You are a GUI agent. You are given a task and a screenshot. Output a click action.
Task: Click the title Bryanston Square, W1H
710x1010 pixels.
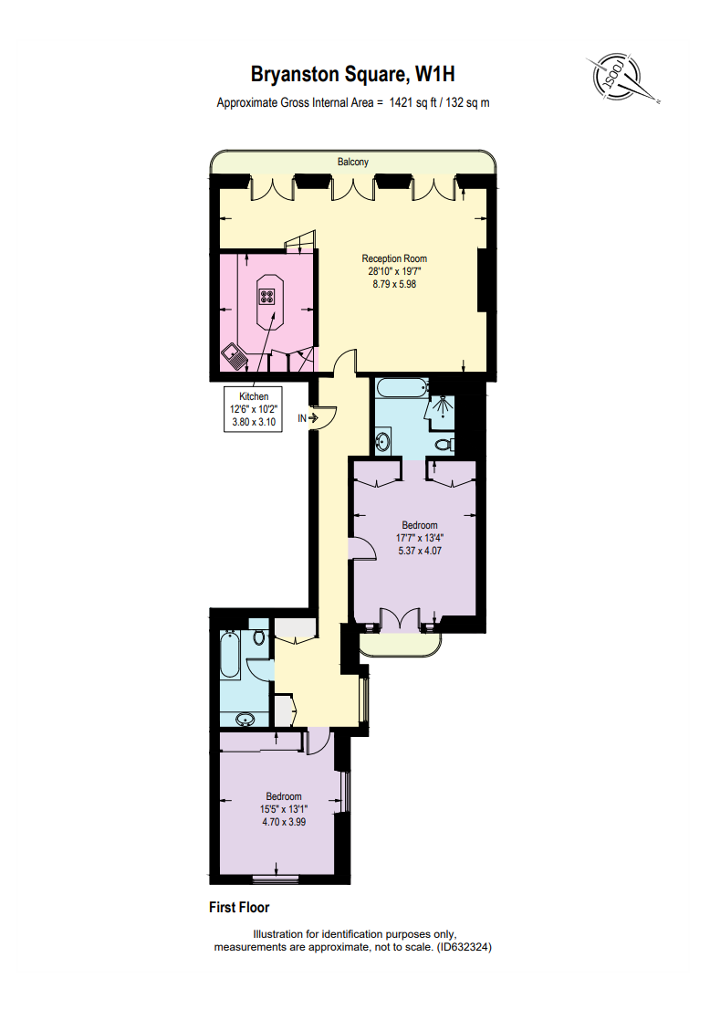click(x=352, y=74)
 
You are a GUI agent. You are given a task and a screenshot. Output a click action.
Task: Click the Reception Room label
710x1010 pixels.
click(x=394, y=258)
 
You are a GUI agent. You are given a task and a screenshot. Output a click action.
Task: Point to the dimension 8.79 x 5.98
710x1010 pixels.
click(x=394, y=284)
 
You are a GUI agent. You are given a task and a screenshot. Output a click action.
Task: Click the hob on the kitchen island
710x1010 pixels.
click(x=267, y=296)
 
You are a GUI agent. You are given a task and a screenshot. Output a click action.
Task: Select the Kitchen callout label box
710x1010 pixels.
click(x=254, y=410)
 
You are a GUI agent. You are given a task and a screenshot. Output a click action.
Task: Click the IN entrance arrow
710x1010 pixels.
click(x=308, y=418)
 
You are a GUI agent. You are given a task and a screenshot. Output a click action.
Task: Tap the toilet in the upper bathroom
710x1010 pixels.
click(x=444, y=445)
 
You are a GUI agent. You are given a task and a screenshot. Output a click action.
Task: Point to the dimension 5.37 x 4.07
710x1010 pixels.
click(x=420, y=551)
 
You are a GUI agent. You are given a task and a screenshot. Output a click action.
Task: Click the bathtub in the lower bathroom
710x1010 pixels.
click(x=230, y=656)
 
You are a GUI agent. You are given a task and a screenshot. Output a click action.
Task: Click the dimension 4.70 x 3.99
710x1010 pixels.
click(x=283, y=821)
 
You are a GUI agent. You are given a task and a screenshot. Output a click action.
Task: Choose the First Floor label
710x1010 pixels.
click(x=239, y=908)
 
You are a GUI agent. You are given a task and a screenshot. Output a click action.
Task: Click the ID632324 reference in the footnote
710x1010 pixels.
click(x=463, y=948)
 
